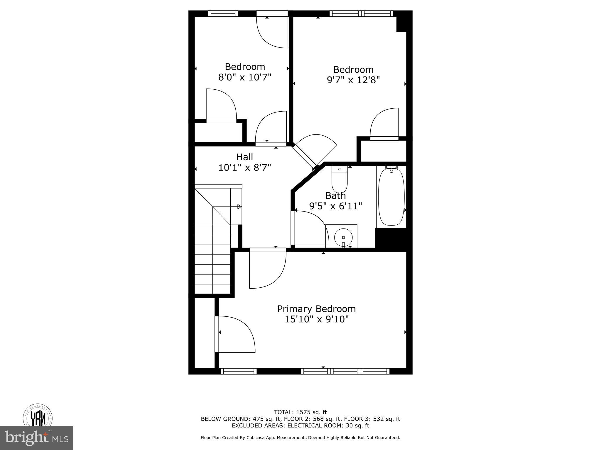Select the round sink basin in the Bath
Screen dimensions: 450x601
(343, 237)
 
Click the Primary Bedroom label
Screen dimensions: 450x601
(316, 309)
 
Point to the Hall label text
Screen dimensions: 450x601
(244, 157)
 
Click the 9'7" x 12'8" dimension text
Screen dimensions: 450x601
(353, 80)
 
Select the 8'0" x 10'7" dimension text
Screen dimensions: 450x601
(245, 77)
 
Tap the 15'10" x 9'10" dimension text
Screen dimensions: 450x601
(316, 319)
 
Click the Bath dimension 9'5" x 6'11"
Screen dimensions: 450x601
(335, 206)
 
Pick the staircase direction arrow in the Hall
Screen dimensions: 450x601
(239, 207)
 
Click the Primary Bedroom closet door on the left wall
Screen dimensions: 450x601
(235, 334)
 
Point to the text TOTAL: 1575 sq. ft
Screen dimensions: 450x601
(300, 412)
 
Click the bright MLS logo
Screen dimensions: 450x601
(36, 438)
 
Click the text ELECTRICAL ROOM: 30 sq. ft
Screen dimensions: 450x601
(328, 426)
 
